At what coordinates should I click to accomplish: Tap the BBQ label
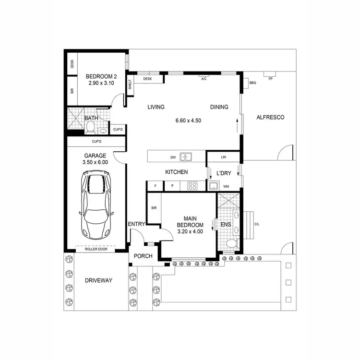[253, 83]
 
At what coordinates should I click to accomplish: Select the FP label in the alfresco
[271, 79]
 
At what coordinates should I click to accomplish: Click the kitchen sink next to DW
[186, 156]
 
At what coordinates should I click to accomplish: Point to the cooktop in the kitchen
[192, 186]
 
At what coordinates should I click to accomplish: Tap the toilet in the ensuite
[232, 244]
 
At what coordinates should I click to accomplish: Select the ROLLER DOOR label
[96, 250]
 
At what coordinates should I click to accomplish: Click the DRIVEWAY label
[98, 280]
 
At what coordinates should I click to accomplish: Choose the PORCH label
[143, 256]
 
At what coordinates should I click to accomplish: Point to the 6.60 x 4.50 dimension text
[188, 120]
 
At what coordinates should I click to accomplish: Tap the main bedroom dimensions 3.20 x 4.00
[190, 231]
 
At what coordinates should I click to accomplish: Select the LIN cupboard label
[223, 157]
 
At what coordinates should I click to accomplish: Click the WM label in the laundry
[226, 186]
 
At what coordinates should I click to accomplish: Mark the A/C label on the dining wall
[204, 79]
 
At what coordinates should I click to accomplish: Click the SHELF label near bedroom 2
[130, 85]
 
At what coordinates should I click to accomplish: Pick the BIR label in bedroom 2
[72, 90]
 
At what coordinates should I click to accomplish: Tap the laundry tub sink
[213, 186]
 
